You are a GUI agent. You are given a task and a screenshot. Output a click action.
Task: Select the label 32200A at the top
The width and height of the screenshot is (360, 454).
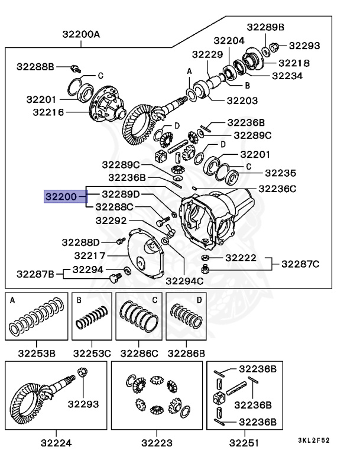click(81, 34)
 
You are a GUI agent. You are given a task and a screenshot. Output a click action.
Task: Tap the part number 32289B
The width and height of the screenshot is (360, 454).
click(265, 27)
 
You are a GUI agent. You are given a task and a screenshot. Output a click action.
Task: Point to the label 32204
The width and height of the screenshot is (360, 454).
click(229, 41)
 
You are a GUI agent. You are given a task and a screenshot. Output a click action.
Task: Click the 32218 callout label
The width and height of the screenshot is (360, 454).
click(294, 62)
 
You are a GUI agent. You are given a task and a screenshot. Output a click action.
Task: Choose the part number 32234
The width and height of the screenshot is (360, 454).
click(287, 76)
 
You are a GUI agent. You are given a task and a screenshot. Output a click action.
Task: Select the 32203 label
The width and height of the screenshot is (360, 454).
click(242, 101)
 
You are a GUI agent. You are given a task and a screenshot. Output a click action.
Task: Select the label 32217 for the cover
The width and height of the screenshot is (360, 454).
click(90, 256)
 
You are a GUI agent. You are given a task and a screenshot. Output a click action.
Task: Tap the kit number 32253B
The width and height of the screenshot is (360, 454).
click(35, 354)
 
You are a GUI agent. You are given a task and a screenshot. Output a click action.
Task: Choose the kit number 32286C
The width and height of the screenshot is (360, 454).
click(140, 354)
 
